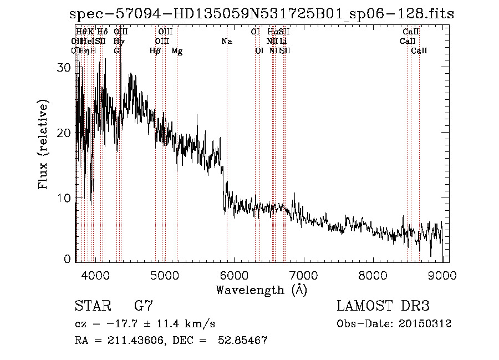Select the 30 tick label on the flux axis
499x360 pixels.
tap(64, 67)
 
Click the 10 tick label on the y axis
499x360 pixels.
tap(64, 197)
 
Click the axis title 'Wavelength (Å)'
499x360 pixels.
tap(261, 289)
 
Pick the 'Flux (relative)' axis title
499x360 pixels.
tap(43, 144)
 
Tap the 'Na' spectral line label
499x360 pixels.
tap(226, 42)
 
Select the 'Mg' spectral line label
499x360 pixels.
tap(177, 51)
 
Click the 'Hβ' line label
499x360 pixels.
tap(155, 51)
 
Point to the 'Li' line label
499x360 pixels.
tap(283, 42)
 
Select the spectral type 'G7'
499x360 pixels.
tap(143, 306)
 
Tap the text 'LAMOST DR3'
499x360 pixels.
tap(383, 306)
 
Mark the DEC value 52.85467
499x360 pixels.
tap(244, 341)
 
